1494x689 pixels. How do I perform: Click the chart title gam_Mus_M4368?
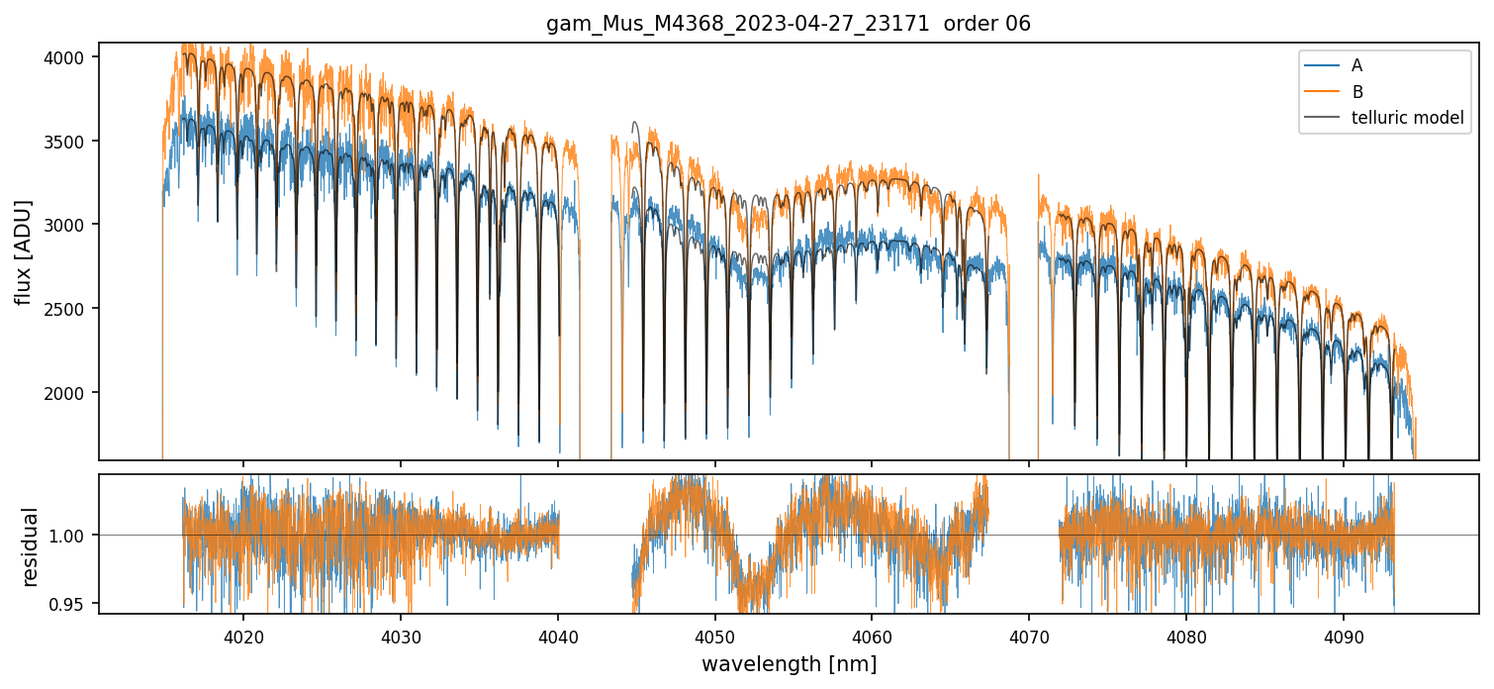coord(789,24)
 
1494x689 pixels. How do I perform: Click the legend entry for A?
coord(1356,65)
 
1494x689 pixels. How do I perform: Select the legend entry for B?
coord(1356,91)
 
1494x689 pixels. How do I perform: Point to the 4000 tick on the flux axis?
coord(71,57)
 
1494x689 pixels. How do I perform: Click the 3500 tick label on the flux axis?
coord(71,142)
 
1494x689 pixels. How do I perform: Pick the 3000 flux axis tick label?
coord(71,225)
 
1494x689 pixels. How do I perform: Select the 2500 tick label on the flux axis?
coord(71,309)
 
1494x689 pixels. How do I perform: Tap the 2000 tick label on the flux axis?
coord(71,393)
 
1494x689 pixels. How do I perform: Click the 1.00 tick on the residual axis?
coord(75,536)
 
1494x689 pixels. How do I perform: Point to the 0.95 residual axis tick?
coord(75,604)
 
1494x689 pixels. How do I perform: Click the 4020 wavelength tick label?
coord(243,634)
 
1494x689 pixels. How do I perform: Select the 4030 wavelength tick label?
coord(401,634)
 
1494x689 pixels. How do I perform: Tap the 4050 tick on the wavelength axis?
coord(714,634)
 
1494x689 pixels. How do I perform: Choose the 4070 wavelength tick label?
coord(1029,634)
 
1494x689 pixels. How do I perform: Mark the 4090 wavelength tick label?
coord(1344,634)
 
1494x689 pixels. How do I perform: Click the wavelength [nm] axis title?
coord(789,664)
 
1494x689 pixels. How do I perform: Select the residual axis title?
coord(30,545)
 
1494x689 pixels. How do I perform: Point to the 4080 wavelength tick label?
coord(1186,634)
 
